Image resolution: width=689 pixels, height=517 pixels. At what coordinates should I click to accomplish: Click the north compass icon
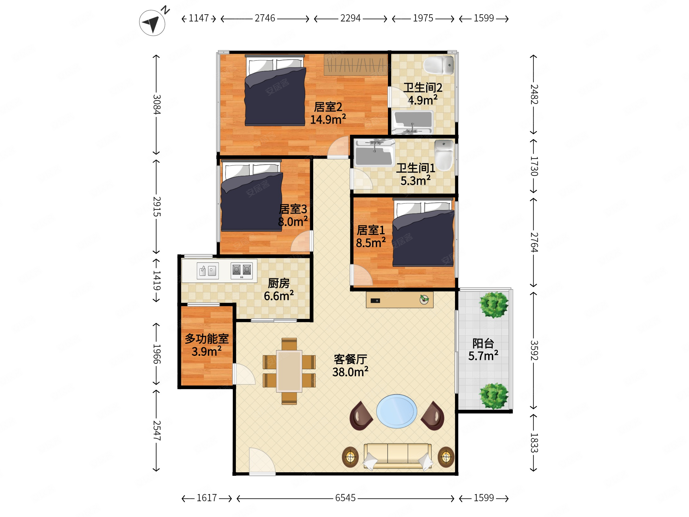click(152, 22)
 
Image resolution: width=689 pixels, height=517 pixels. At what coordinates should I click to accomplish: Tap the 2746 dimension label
click(265, 18)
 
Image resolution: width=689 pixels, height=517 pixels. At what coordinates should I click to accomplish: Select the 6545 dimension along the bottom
click(345, 498)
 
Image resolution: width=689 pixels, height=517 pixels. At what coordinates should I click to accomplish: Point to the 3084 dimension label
click(157, 104)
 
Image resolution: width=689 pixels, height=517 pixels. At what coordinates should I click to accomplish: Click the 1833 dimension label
click(534, 443)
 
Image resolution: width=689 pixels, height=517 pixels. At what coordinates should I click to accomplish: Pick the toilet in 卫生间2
click(439, 65)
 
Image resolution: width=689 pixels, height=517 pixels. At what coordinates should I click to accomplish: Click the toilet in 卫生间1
click(444, 155)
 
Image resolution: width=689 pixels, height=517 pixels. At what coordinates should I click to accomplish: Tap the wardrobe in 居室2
click(355, 65)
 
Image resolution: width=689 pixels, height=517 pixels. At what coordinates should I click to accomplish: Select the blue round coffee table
click(397, 411)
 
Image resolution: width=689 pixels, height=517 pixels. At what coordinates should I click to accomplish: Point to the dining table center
click(289, 371)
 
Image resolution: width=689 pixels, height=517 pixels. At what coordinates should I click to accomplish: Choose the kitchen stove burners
click(241, 270)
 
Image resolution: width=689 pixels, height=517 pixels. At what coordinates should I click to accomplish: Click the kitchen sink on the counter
click(207, 270)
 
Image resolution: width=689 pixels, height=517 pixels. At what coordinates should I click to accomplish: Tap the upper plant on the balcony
click(494, 305)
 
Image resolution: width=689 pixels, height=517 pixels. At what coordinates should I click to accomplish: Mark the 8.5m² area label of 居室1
click(371, 243)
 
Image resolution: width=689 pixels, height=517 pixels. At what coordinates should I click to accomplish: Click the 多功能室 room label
click(207, 339)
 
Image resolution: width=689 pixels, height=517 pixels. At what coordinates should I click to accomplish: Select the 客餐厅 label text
click(350, 359)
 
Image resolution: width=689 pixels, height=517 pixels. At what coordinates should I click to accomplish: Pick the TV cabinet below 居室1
click(399, 300)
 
